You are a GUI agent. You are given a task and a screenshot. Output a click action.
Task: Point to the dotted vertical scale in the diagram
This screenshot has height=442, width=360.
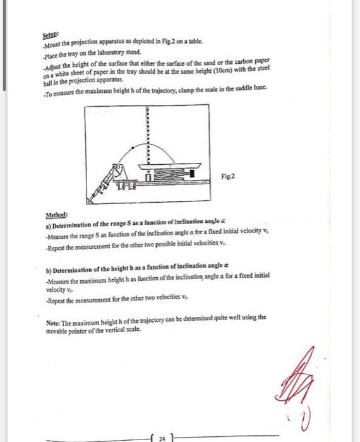(148, 133)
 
